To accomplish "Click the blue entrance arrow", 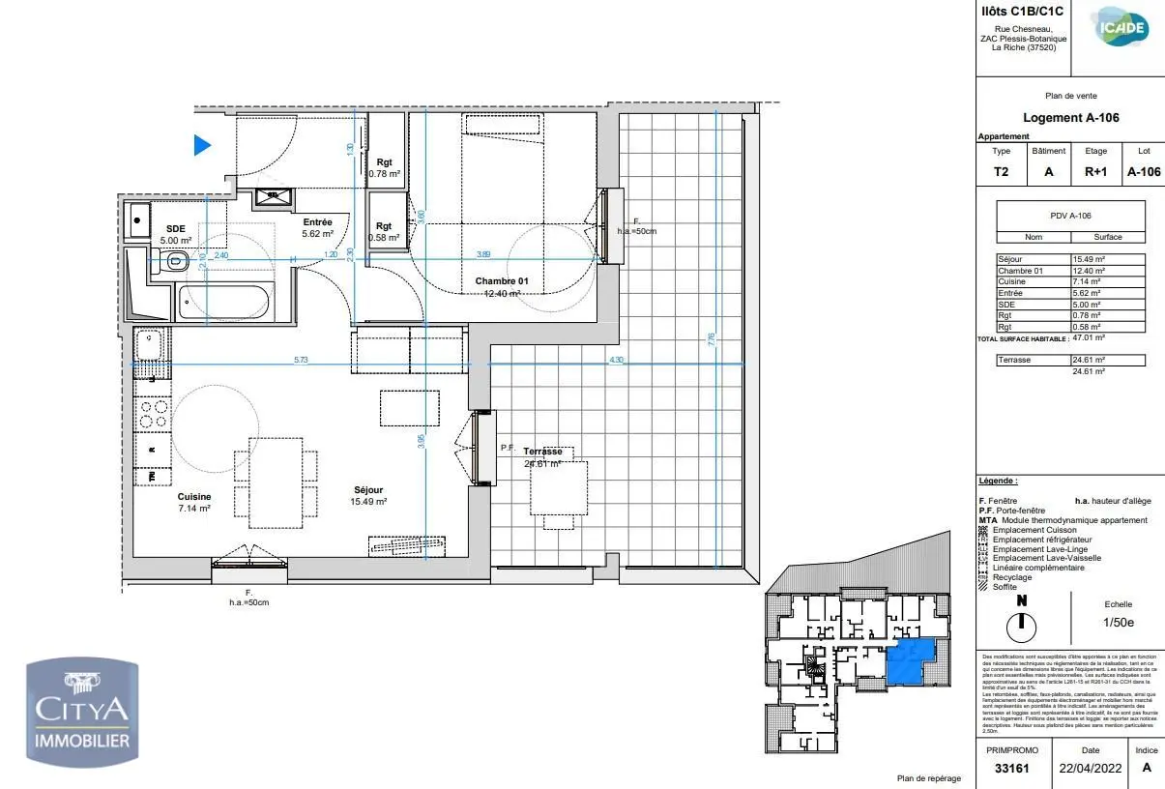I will click(x=202, y=145).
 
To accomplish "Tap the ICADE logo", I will click(x=1121, y=28).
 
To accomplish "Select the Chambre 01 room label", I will click(x=502, y=282).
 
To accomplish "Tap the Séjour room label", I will click(x=369, y=490).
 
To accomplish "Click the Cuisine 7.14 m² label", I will click(x=193, y=502).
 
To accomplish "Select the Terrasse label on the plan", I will click(x=542, y=452).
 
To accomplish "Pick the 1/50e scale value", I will click(x=1118, y=622).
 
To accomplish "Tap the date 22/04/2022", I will click(x=1090, y=769).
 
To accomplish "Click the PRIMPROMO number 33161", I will click(x=1011, y=769).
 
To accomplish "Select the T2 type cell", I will click(x=1001, y=172).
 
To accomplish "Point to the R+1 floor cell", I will click(x=1095, y=172).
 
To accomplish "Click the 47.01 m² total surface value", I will click(x=1089, y=338).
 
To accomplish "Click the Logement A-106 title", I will click(x=1070, y=118).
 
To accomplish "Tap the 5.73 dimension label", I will click(x=302, y=360).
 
